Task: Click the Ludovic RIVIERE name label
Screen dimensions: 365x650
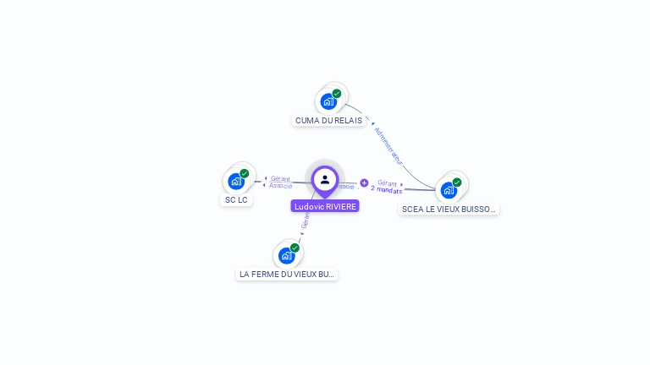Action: click(325, 206)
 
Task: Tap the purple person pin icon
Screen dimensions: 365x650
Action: click(325, 180)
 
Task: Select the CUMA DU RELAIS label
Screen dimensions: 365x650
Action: click(328, 121)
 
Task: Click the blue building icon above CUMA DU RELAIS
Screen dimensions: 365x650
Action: click(328, 101)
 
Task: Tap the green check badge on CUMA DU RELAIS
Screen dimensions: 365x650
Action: click(337, 94)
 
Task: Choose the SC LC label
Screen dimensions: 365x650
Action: click(236, 200)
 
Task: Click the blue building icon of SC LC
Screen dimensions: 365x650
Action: click(236, 181)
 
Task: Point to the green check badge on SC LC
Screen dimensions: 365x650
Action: click(245, 173)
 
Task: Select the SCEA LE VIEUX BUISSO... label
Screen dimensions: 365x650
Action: click(449, 209)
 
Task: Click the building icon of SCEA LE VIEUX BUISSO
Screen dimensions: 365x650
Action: click(449, 190)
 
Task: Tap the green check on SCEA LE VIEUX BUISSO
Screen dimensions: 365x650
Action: click(457, 182)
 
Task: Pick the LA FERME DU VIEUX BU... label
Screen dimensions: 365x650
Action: click(287, 274)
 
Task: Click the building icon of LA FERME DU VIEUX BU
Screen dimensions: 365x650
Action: click(286, 255)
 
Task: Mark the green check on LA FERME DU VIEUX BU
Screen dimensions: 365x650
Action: click(295, 248)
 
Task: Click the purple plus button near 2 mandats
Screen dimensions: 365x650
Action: click(364, 182)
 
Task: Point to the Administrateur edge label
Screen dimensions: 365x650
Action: click(388, 145)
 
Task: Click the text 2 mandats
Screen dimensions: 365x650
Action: click(387, 190)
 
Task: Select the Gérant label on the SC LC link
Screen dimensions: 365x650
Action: click(280, 178)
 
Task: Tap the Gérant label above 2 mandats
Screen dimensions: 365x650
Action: click(387, 182)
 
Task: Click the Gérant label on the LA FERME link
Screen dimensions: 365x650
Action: click(306, 221)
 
